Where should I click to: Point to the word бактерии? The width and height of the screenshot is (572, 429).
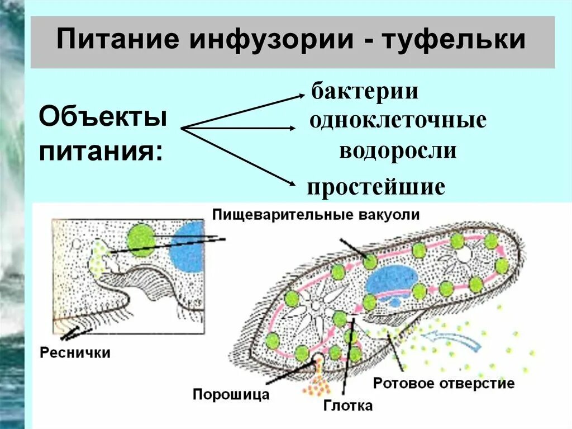pyautogui.click(x=365, y=91)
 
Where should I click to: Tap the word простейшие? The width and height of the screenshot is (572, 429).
pyautogui.click(x=376, y=186)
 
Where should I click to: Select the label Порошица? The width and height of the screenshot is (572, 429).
pyautogui.click(x=231, y=394)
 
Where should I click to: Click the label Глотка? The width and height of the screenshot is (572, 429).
pyautogui.click(x=347, y=405)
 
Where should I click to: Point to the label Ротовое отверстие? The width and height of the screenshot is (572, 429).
pyautogui.click(x=444, y=384)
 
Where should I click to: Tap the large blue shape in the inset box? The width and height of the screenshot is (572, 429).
pyautogui.click(x=188, y=246)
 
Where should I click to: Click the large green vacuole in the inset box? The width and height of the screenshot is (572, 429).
pyautogui.click(x=140, y=241)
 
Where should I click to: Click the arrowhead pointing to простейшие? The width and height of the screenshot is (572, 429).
pyautogui.click(x=291, y=183)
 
